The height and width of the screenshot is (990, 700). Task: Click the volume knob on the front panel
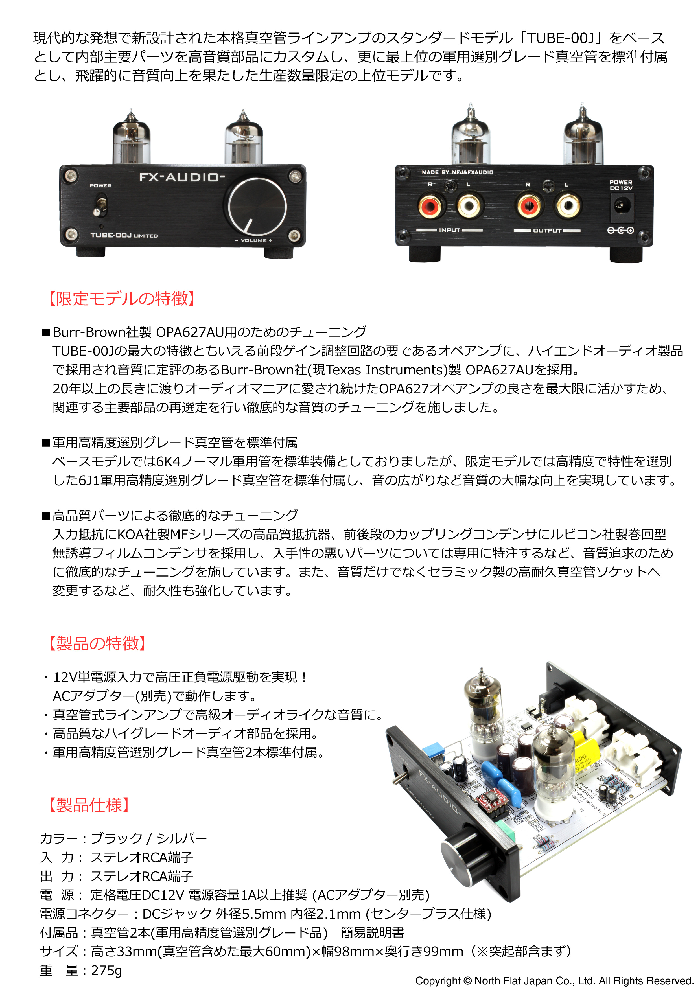(257, 206)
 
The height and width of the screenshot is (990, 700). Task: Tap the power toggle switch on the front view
(100, 206)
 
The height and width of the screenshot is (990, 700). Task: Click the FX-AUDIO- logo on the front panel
(181, 177)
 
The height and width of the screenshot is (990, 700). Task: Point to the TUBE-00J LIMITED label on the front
(124, 235)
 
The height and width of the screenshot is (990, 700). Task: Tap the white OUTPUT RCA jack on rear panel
(568, 206)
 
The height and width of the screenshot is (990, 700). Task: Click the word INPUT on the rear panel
(449, 230)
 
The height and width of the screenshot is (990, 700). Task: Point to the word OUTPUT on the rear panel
(547, 231)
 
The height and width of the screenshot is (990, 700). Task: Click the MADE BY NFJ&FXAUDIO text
(457, 172)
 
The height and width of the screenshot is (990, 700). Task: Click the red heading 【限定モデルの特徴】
(122, 298)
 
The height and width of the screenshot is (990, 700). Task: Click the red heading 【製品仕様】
(89, 805)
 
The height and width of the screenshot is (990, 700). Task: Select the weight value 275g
(106, 970)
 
